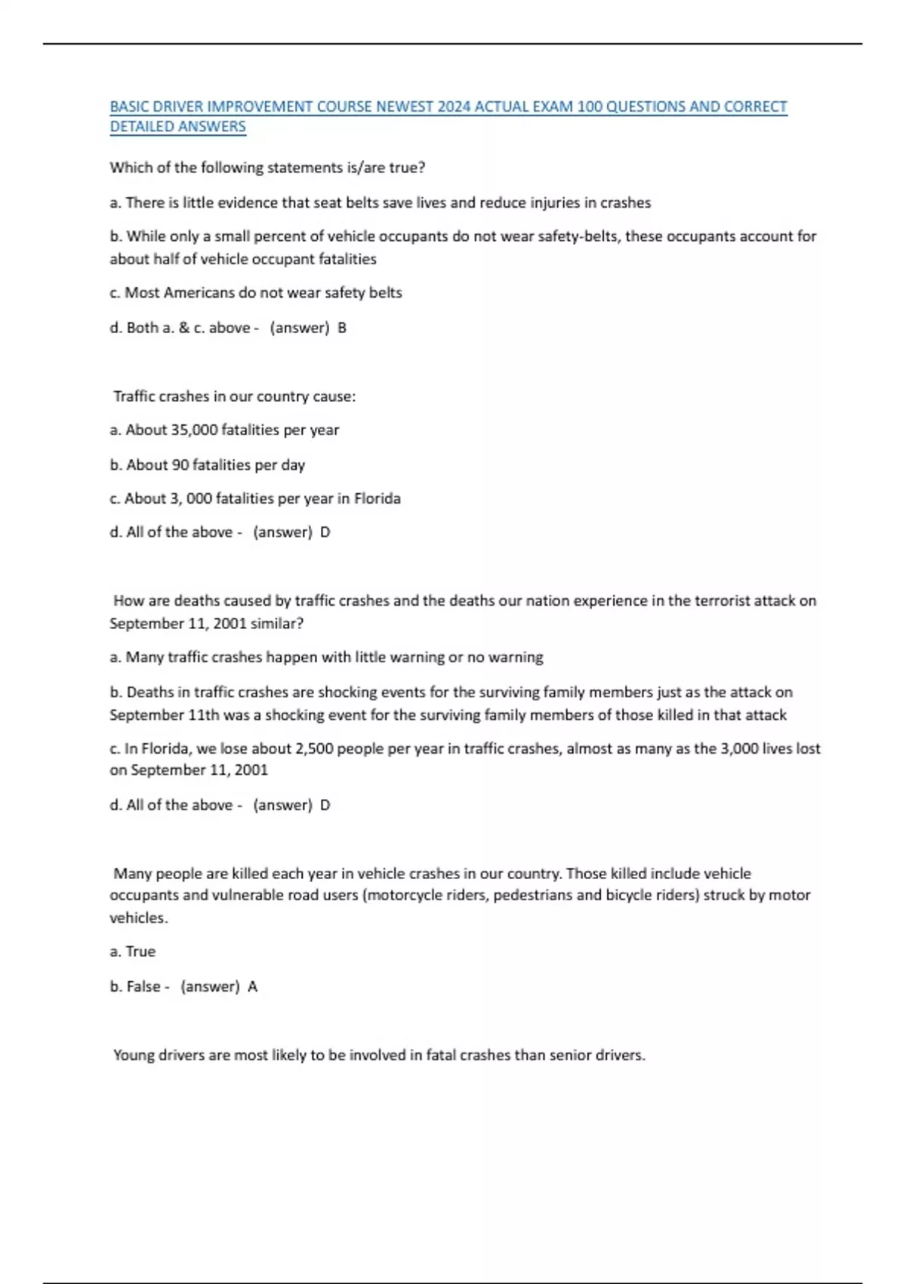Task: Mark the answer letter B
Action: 342,328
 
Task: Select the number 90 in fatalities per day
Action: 180,465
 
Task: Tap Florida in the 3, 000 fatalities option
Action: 377,498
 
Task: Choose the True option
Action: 140,952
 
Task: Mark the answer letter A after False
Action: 253,986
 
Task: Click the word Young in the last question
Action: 134,1055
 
